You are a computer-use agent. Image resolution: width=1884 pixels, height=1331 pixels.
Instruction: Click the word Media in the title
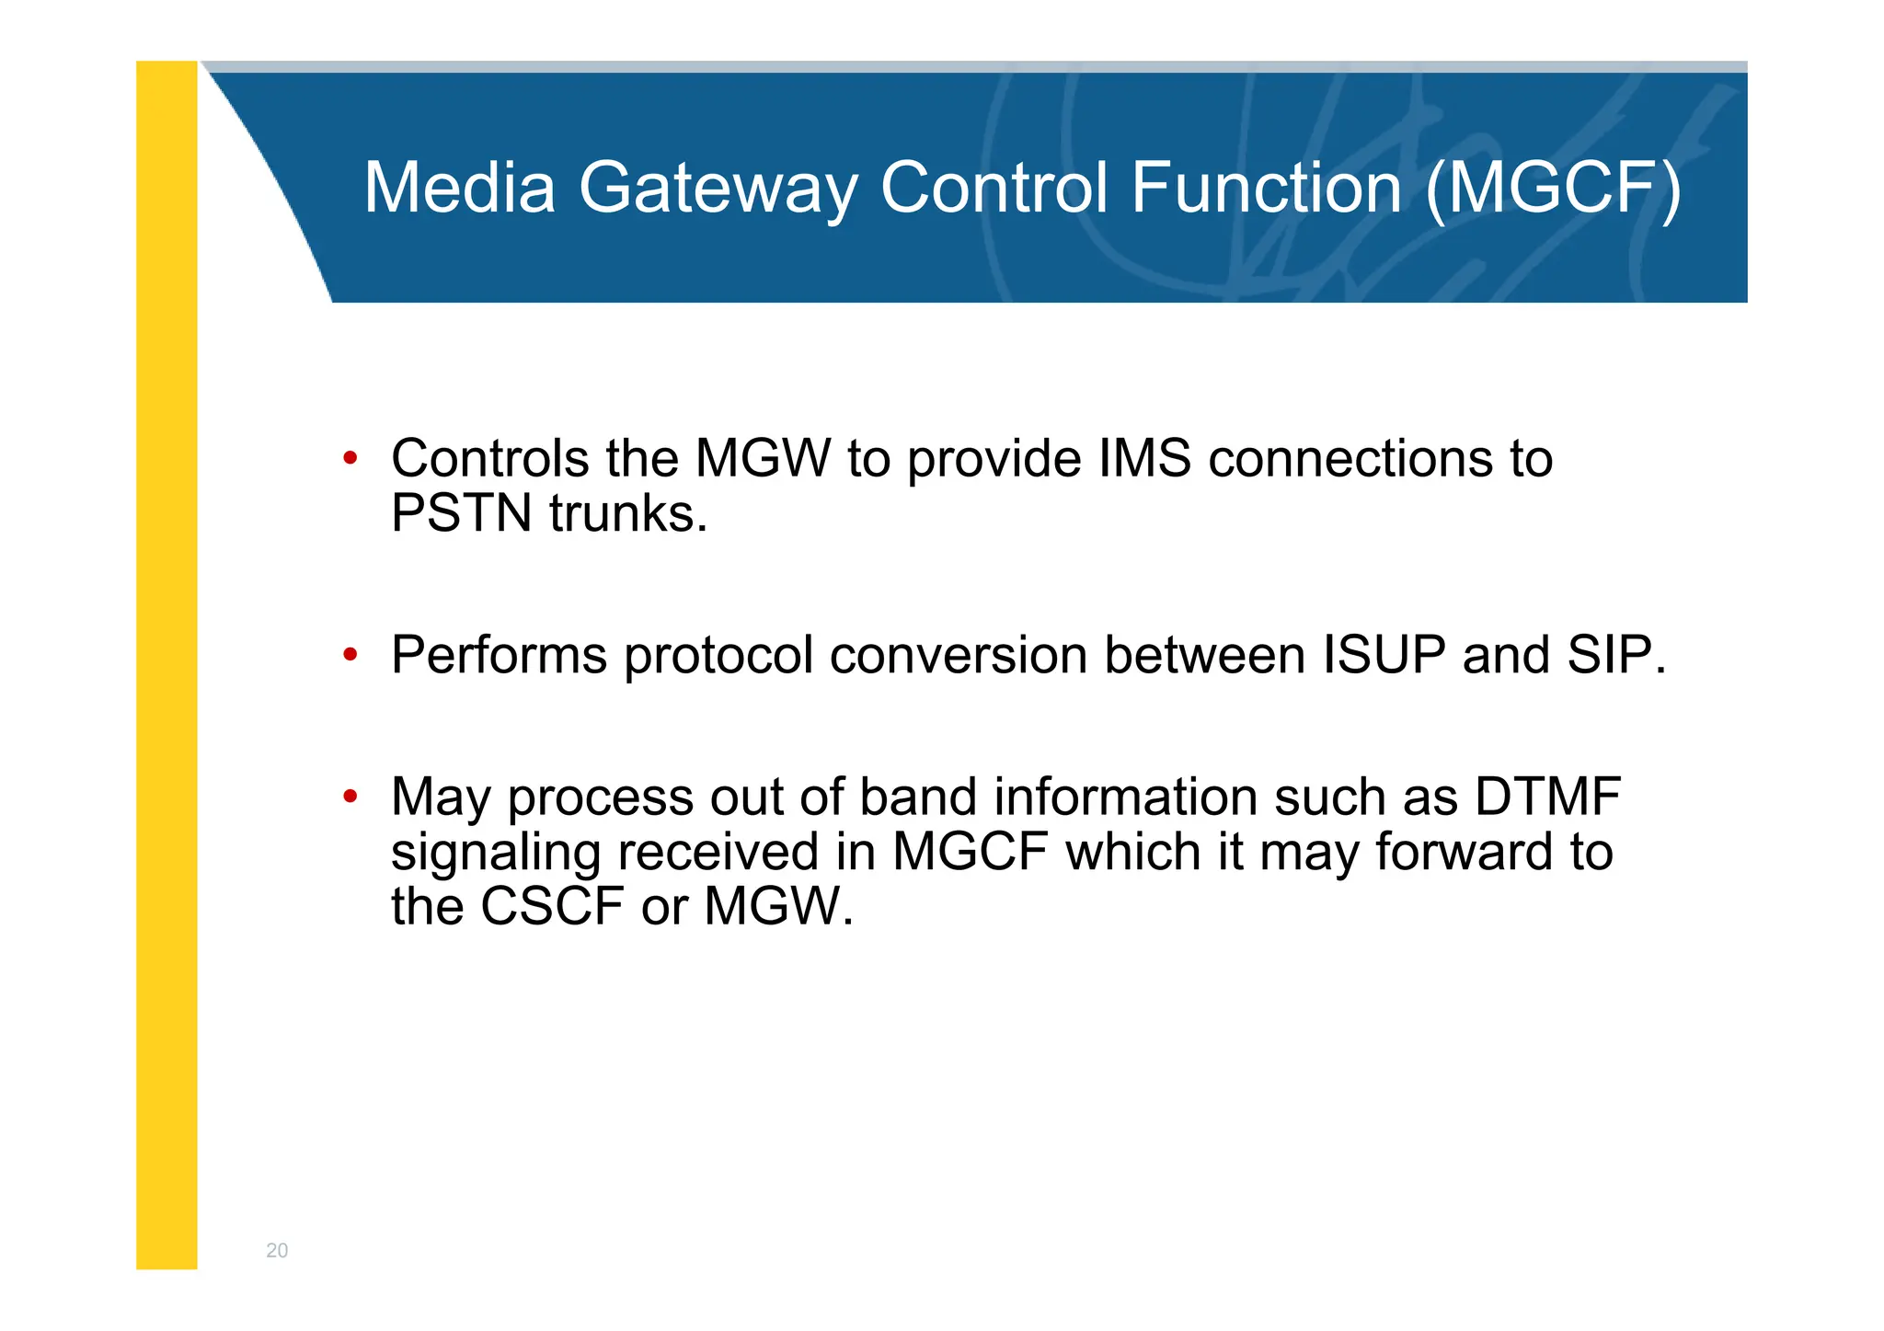pyautogui.click(x=459, y=188)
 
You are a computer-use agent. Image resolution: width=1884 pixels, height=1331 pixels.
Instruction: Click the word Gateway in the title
pyautogui.click(x=718, y=189)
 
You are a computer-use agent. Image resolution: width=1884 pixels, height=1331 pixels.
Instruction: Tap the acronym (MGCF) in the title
pyautogui.click(x=1553, y=189)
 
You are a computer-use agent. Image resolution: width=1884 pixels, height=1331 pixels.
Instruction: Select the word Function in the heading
pyautogui.click(x=1266, y=188)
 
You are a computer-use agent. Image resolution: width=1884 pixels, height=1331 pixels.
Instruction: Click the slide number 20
pyautogui.click(x=277, y=1250)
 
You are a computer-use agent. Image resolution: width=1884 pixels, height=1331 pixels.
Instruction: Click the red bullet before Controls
pyautogui.click(x=350, y=458)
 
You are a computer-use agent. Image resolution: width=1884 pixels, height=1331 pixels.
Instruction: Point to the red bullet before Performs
pyautogui.click(x=350, y=655)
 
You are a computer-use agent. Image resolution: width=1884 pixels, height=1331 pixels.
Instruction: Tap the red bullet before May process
pyautogui.click(x=350, y=797)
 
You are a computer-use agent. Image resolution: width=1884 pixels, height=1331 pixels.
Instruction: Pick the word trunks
pyautogui.click(x=628, y=513)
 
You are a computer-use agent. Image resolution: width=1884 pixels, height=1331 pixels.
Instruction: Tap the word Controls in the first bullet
pyautogui.click(x=489, y=458)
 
